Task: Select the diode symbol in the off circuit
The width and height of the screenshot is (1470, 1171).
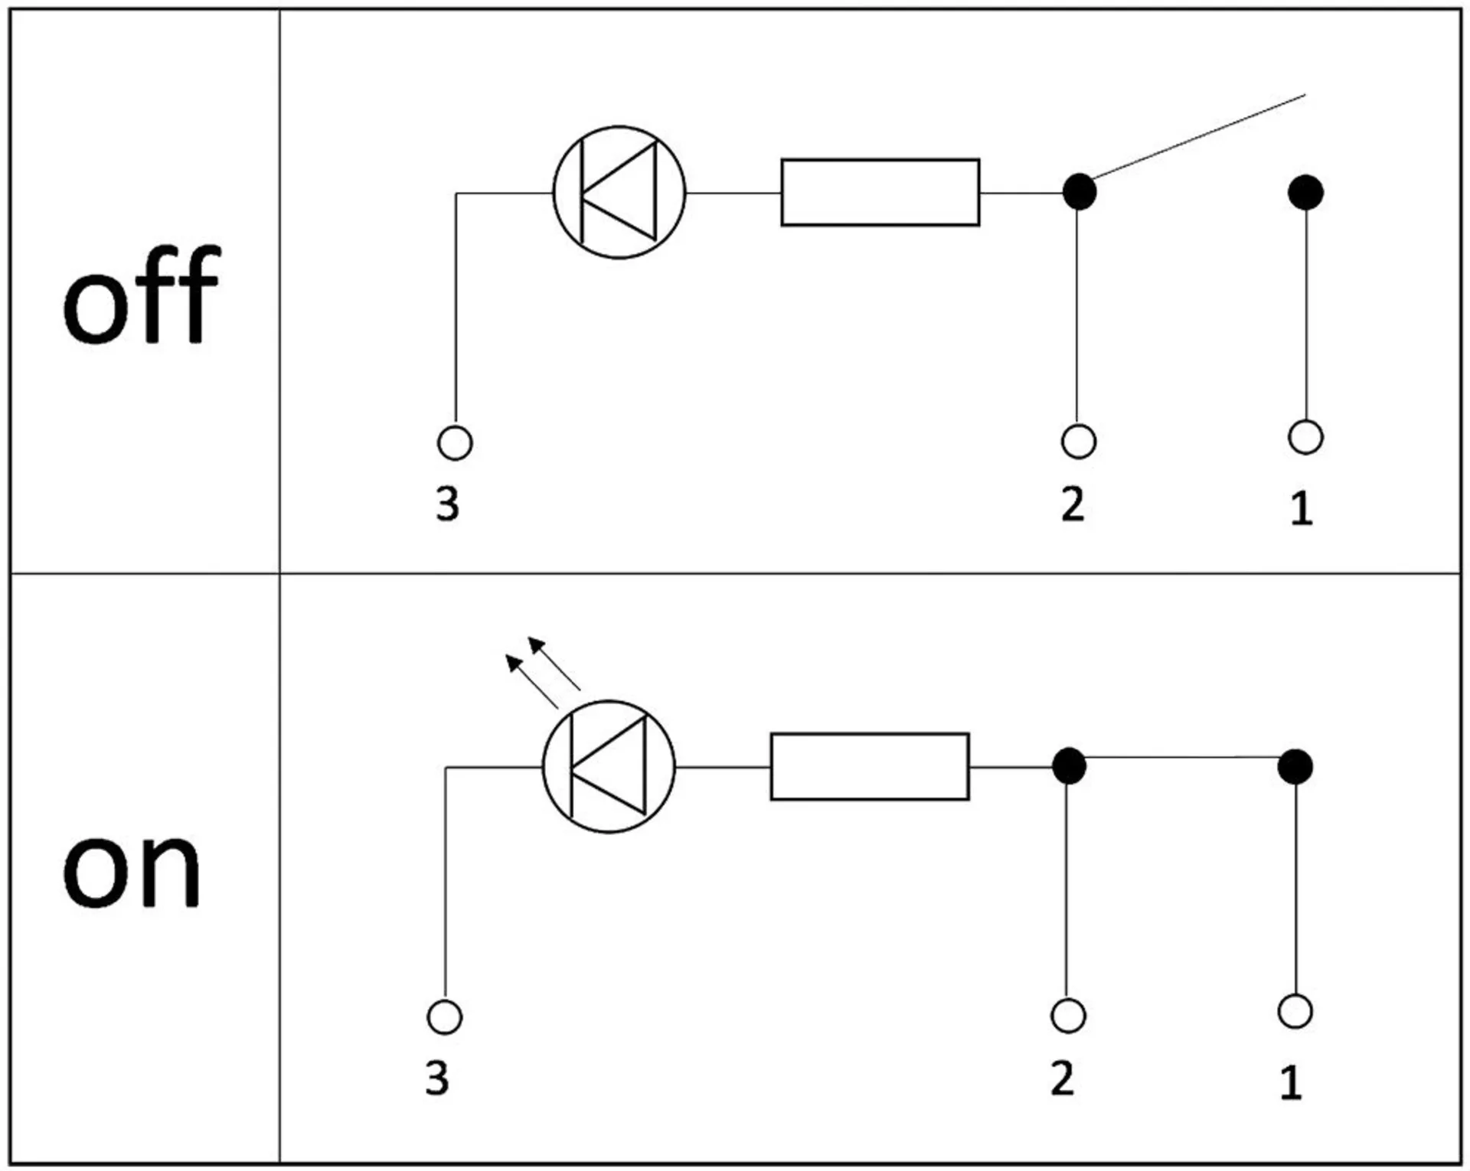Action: tap(619, 192)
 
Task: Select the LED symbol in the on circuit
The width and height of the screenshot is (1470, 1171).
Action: tap(609, 767)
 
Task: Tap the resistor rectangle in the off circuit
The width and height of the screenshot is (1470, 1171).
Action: tap(880, 193)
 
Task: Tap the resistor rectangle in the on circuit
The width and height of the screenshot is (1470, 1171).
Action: tap(869, 767)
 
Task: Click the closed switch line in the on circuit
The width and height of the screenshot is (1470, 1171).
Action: tap(1181, 758)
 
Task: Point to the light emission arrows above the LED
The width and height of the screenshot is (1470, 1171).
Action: tap(541, 670)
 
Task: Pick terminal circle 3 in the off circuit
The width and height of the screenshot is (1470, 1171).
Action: tap(455, 443)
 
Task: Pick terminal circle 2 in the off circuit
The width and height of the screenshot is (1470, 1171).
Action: tap(1079, 442)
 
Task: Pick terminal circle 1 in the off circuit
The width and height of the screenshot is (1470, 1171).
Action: tap(1305, 438)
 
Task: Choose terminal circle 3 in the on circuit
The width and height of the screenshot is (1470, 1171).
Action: tap(444, 1017)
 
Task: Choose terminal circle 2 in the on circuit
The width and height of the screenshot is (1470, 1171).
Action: tap(1068, 1016)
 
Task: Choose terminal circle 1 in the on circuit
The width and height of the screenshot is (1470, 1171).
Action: tap(1295, 1012)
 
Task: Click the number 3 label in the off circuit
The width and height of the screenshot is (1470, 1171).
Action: tap(448, 505)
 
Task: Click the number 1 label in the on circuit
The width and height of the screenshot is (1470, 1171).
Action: tap(1291, 1082)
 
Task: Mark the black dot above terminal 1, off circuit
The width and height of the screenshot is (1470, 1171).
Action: tap(1305, 192)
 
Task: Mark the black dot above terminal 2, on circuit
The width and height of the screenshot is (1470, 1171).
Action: tap(1069, 766)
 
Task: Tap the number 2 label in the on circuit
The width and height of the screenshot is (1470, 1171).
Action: tap(1062, 1079)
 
